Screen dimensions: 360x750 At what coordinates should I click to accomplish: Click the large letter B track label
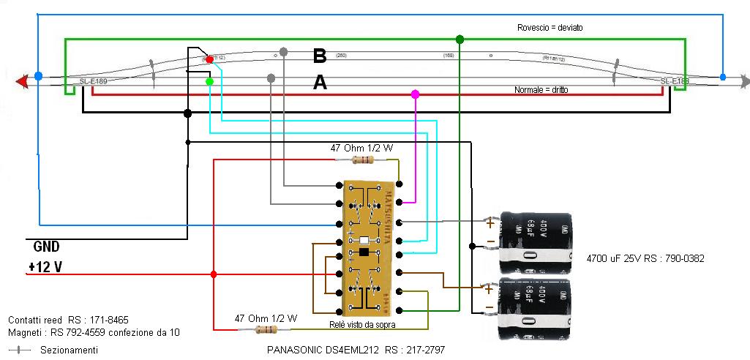point(319,56)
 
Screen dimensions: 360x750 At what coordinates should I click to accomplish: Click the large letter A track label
point(319,83)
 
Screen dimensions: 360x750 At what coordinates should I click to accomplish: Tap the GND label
point(47,247)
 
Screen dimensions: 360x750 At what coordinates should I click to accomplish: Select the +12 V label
point(45,268)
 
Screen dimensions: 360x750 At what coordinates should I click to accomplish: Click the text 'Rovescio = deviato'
point(550,27)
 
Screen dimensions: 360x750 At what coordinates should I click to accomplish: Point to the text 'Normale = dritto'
point(541,89)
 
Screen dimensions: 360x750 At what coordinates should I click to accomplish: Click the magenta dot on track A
point(416,94)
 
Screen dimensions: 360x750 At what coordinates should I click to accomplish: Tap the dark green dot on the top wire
point(460,39)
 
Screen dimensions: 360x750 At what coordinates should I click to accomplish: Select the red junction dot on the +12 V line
point(214,274)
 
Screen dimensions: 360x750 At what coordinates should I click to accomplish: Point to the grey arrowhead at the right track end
point(744,79)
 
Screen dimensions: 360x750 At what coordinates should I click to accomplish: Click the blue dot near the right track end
point(723,77)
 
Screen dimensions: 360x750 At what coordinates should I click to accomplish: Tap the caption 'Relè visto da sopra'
point(364,322)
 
